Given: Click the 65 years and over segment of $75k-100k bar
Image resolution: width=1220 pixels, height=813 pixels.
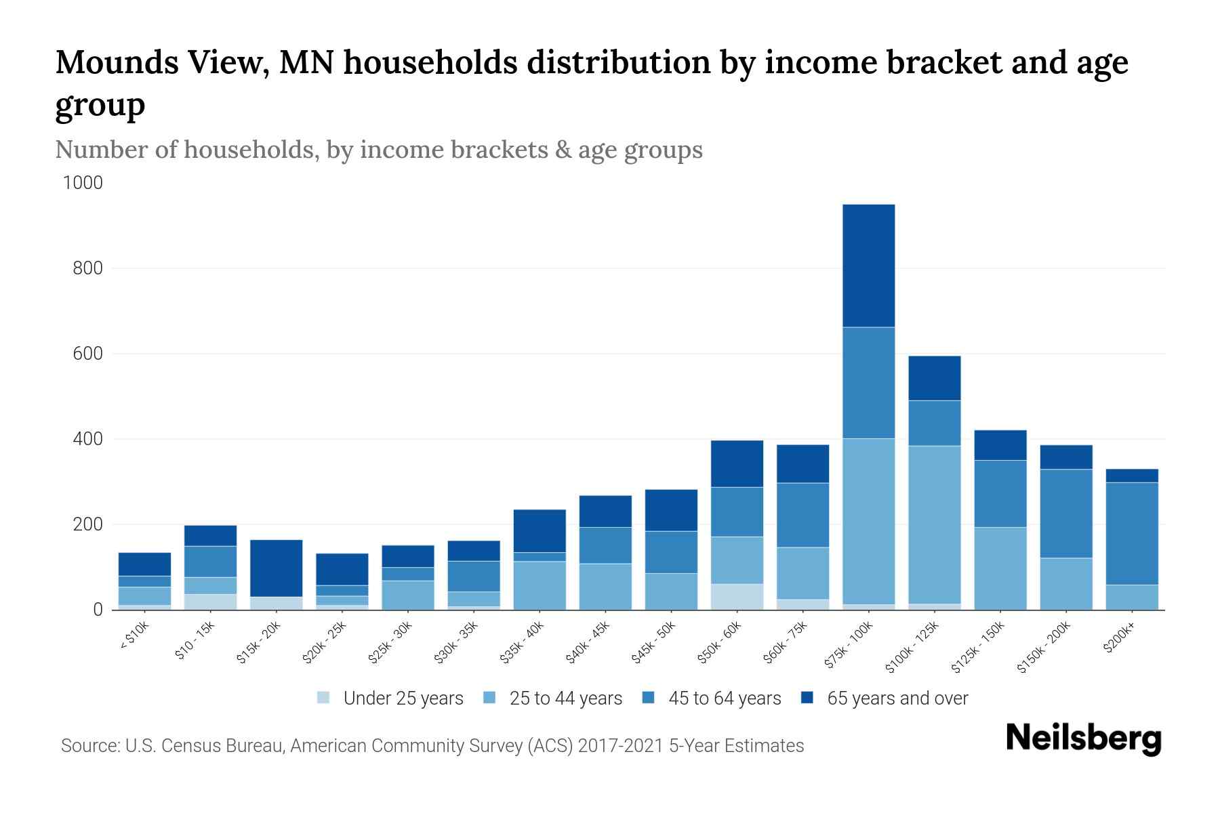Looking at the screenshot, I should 868,266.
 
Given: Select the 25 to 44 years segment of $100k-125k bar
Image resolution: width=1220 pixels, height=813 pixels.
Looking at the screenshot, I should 934,524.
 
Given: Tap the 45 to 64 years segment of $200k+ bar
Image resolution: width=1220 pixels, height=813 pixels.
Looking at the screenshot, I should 1131,533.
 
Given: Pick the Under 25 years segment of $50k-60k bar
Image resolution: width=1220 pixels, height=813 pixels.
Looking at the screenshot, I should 737,596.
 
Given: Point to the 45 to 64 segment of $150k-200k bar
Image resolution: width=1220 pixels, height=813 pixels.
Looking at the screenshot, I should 1065,513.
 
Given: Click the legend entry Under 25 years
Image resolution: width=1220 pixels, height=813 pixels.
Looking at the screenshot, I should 403,699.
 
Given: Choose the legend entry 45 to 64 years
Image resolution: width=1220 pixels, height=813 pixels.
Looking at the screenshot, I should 725,699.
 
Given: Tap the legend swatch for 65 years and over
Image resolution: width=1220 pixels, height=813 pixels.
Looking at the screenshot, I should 807,698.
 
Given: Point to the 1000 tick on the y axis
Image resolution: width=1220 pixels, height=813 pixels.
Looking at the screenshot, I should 83,183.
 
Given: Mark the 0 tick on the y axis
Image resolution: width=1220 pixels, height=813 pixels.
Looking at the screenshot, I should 98,610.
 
